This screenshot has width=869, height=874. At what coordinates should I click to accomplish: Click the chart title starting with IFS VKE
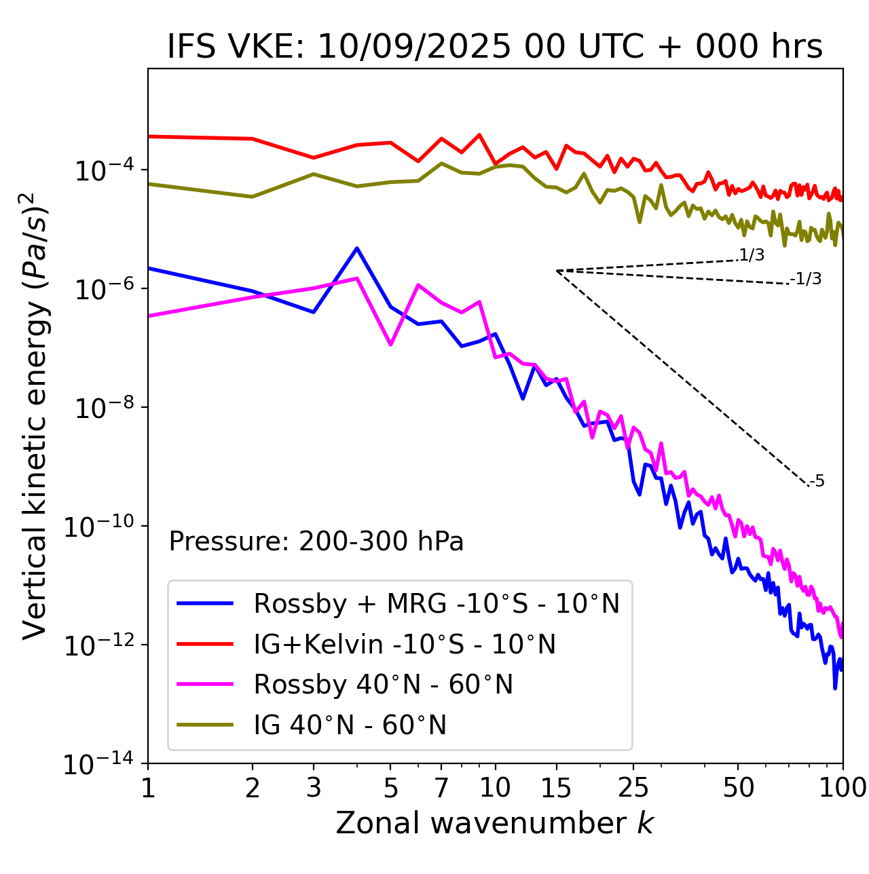coord(495,47)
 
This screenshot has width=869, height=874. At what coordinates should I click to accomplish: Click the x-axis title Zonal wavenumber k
coord(494,822)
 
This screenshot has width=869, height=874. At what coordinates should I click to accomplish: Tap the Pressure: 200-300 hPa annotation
coord(316,541)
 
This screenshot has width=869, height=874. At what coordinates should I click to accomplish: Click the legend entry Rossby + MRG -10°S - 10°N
coord(437,603)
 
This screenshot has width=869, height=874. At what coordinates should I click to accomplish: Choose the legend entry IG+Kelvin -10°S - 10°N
coord(405,644)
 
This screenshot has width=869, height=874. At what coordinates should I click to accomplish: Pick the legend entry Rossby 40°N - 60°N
coord(383,685)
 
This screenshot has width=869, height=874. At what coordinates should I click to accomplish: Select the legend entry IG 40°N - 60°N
coord(350,725)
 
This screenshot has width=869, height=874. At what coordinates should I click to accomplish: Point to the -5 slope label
coord(817,482)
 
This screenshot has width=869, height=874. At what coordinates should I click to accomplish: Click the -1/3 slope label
coord(806,279)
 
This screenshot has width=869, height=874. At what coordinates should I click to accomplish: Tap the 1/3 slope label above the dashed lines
coord(751,256)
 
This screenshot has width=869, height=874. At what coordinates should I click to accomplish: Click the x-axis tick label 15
coord(556,788)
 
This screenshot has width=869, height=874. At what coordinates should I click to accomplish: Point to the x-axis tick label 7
coord(441,788)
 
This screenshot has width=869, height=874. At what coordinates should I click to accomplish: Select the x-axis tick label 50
coord(738,788)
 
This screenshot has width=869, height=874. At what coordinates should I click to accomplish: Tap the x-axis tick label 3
coord(314,788)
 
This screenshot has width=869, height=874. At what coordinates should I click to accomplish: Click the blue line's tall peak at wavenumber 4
coord(357,248)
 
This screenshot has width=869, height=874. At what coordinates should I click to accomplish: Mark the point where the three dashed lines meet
coord(557,271)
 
